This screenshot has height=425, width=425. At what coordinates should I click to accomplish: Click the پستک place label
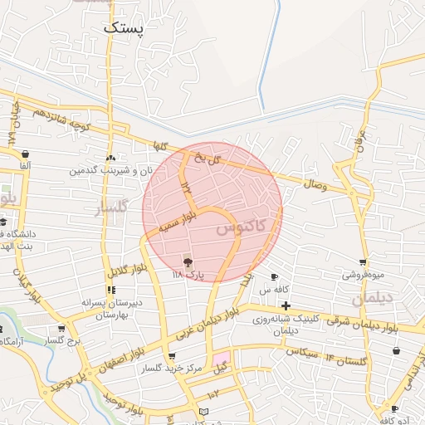click(x=125, y=27)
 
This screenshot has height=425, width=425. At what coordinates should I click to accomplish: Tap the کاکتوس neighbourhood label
click(x=243, y=226)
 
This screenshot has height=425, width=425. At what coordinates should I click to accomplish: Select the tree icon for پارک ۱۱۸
click(x=187, y=261)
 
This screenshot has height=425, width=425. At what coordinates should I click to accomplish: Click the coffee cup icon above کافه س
click(x=275, y=277)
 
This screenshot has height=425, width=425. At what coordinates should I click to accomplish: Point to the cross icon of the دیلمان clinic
click(x=286, y=306)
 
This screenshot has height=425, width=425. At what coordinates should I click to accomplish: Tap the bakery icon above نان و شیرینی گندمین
click(x=110, y=158)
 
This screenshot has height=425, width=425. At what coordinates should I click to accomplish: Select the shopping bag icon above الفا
click(x=26, y=154)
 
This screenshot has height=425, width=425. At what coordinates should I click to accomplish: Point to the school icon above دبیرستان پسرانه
click(x=110, y=290)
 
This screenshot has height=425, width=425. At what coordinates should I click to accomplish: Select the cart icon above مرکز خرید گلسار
click(x=172, y=355)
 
